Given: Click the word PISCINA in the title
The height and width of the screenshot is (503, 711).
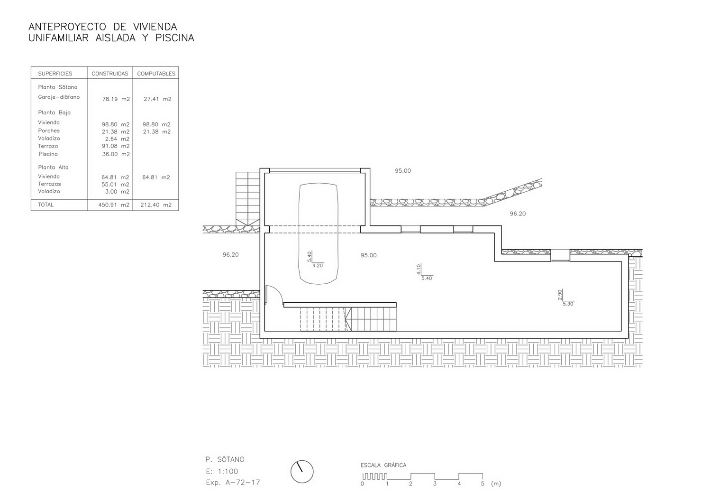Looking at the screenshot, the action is click(174, 38).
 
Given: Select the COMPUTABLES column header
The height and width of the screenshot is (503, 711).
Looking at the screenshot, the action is click(156, 74).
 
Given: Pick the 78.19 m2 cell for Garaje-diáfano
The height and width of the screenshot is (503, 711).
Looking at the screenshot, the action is click(116, 99).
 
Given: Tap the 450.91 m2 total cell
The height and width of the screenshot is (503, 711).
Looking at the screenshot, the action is click(114, 205).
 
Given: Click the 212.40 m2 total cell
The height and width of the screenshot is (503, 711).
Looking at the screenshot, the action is click(156, 205).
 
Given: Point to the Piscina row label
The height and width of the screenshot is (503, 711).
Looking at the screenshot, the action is click(48, 154).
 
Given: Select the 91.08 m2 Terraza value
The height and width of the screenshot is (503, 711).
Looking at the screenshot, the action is click(116, 146).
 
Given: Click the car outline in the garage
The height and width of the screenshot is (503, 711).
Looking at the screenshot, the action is click(318, 233).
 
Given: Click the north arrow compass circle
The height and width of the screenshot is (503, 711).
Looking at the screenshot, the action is click(302, 472).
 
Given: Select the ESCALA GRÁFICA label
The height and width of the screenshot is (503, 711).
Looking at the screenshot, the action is click(383, 465).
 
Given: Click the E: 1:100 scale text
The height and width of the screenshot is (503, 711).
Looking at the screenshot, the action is click(221, 471).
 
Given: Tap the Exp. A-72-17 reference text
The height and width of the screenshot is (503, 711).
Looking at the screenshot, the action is click(233, 482).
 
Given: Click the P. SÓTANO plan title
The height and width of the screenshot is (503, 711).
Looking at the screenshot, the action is click(225, 459).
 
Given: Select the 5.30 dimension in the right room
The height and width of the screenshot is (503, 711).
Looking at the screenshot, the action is click(568, 304).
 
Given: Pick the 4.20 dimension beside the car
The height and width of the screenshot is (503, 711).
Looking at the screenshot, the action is click(318, 266).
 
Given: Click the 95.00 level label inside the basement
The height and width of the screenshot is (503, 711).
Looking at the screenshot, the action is click(368, 255).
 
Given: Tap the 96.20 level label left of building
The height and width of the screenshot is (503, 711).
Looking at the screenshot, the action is click(230, 254).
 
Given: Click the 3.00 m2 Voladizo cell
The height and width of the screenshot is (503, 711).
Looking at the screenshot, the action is click(117, 192).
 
